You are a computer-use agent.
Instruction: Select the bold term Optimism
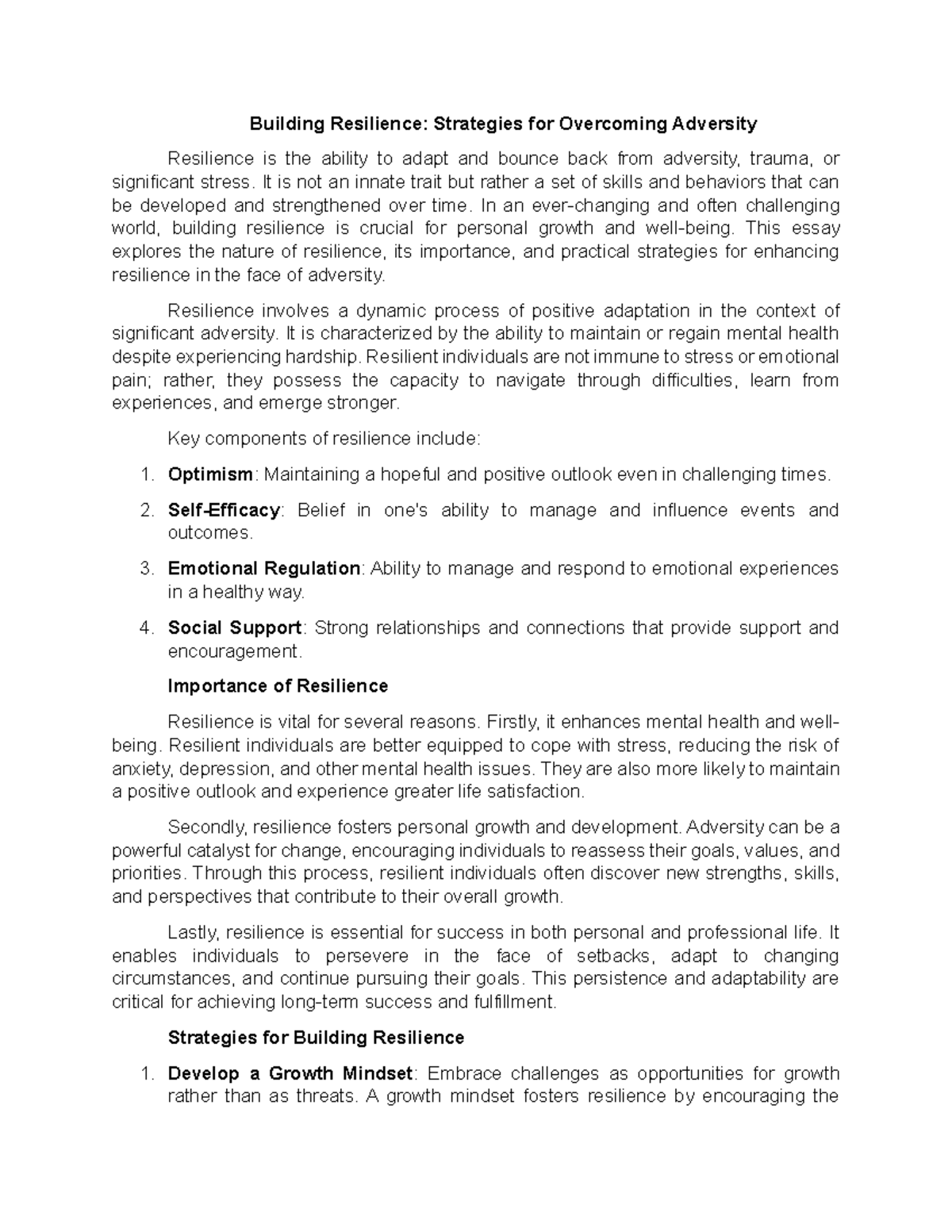tap(210, 474)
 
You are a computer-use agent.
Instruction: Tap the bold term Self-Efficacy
tap(224, 510)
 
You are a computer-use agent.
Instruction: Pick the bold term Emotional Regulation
tap(264, 569)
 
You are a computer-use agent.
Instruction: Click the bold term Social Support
tap(234, 628)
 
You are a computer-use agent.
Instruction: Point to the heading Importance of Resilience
tap(278, 686)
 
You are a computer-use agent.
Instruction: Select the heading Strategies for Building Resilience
tap(316, 1038)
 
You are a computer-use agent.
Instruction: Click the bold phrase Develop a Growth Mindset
tap(290, 1073)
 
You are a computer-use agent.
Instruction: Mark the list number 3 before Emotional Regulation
tap(145, 569)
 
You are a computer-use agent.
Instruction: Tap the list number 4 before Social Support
tap(145, 628)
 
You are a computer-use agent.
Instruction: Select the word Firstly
tap(512, 722)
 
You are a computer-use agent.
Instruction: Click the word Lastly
tap(194, 932)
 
